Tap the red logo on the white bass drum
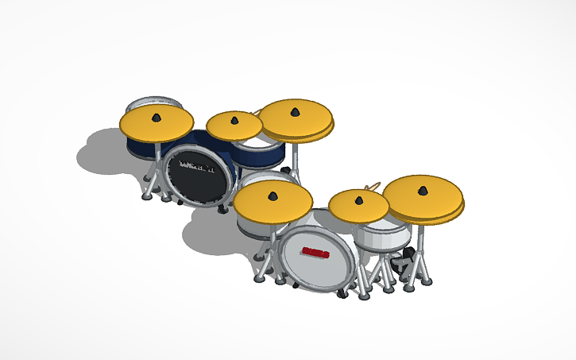pos(315,254)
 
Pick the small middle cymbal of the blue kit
pos(234,125)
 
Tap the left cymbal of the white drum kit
pos(273,202)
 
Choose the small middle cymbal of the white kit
pos(359,207)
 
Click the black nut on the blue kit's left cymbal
pos(157,118)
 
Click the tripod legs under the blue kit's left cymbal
pos(151,188)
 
